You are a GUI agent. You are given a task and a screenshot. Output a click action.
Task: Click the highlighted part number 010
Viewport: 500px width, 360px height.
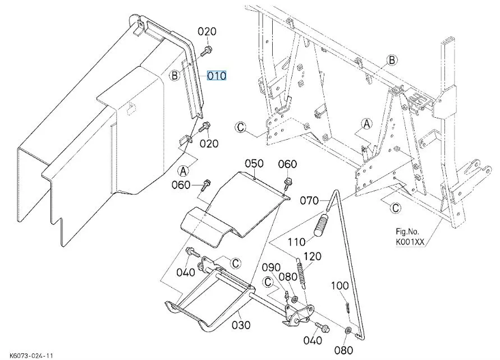(217, 75)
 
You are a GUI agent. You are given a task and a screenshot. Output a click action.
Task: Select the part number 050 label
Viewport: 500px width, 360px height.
(254, 163)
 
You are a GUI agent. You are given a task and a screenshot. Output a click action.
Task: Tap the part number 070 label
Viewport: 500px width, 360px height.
(309, 200)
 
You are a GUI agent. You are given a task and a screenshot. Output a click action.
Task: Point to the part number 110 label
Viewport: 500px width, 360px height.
(296, 242)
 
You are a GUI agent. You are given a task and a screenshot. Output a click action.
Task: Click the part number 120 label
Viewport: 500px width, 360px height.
(313, 256)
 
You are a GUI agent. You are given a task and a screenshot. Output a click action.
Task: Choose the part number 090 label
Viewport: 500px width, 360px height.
(271, 266)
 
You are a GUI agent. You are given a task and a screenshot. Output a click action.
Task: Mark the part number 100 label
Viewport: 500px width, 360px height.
(340, 285)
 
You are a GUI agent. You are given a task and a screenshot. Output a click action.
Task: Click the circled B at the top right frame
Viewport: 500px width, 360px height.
(392, 60)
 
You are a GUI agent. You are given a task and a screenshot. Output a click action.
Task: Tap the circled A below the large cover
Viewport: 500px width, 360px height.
(184, 170)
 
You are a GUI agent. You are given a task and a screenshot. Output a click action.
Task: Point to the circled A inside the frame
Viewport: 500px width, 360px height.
(366, 123)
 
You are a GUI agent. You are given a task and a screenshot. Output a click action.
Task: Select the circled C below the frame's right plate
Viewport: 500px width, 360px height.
(396, 207)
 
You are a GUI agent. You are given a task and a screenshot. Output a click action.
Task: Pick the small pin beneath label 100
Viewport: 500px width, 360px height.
(347, 307)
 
